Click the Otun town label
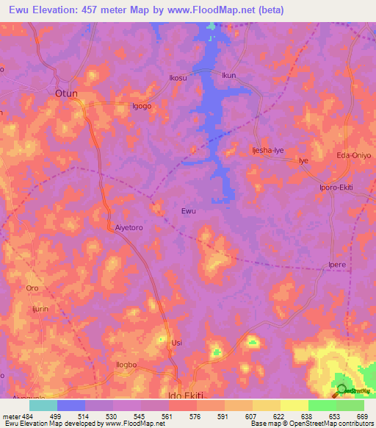tap(67, 93)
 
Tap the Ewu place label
tap(188, 212)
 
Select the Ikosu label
tap(178, 76)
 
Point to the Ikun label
tap(229, 75)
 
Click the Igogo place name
tap(141, 106)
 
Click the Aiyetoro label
tap(129, 228)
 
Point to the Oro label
tap(32, 288)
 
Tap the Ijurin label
tap(40, 309)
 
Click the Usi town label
tap(176, 343)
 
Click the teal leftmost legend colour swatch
tap(43, 405)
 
